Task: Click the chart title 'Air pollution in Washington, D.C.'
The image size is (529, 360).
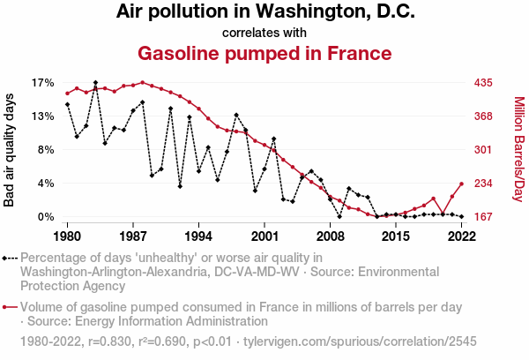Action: point(264,12)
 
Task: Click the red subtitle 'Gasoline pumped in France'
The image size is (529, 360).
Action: point(264,53)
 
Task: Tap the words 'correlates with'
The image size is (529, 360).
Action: point(264,33)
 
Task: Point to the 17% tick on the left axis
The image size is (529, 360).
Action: point(43,83)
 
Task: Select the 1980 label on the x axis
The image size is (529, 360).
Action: point(68,236)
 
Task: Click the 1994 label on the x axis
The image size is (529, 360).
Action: point(198,236)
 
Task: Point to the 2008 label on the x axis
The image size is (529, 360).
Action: point(330,236)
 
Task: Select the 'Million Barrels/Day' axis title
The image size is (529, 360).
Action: point(518,150)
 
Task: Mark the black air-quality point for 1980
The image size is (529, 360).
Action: point(68,105)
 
